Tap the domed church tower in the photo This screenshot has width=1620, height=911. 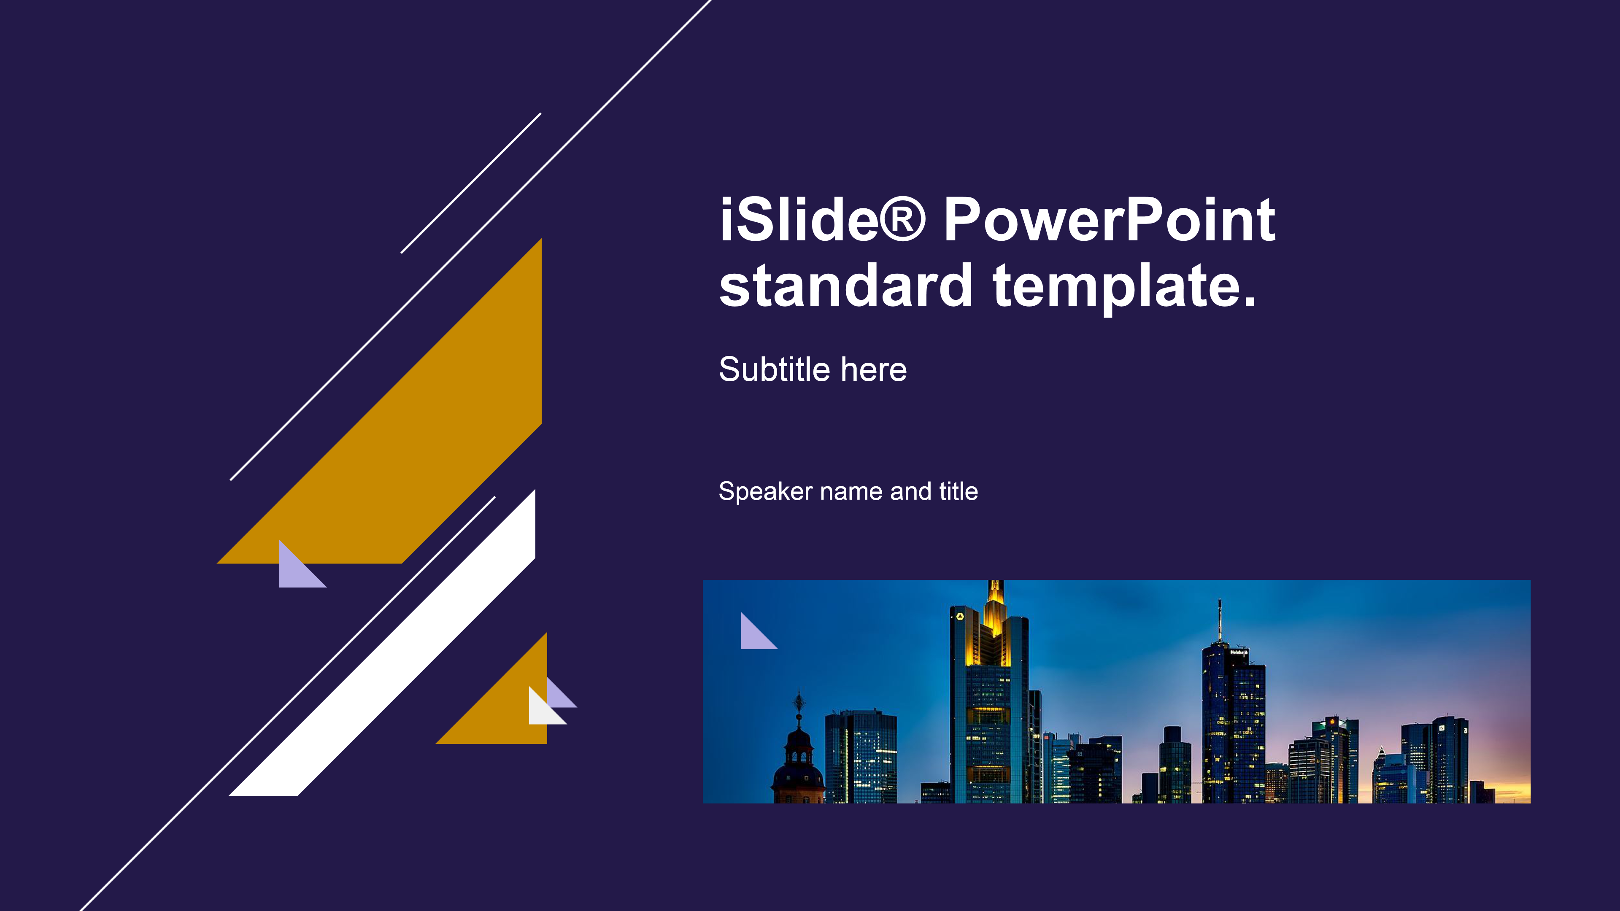click(x=799, y=755)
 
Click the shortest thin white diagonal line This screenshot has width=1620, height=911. click(x=471, y=183)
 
